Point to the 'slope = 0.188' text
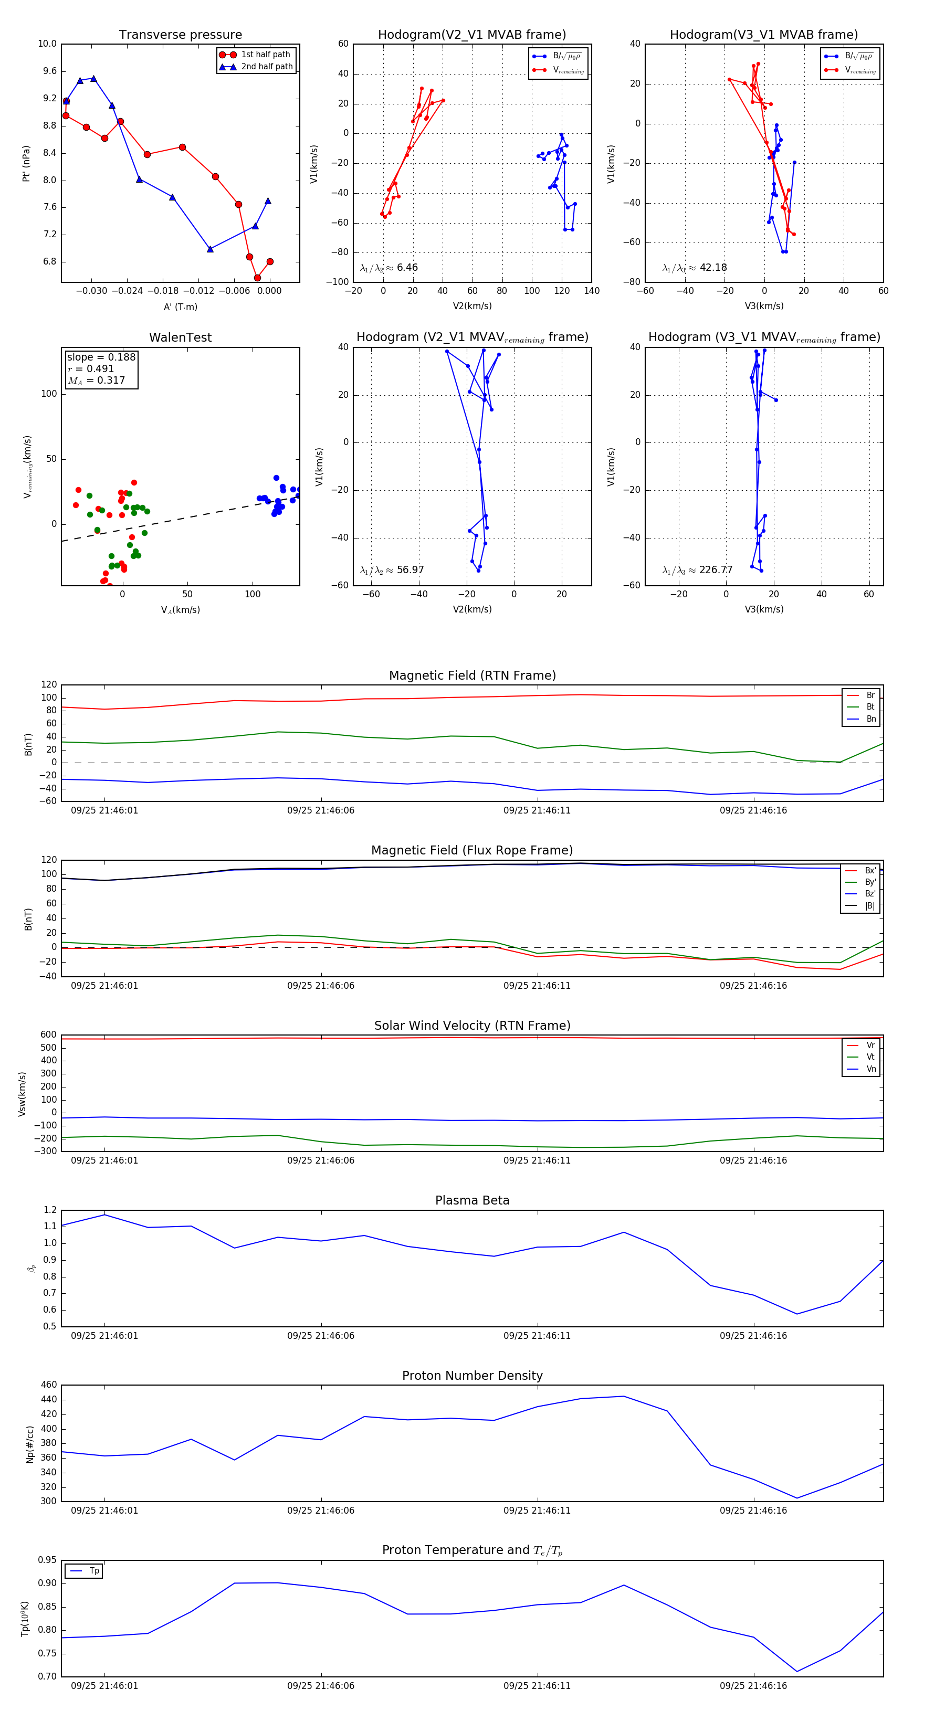click(101, 357)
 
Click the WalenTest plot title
click(180, 337)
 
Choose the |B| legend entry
click(869, 906)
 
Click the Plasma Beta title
click(472, 1201)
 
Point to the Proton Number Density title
click(472, 1376)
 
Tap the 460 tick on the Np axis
click(49, 1385)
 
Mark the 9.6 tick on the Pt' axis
click(47, 71)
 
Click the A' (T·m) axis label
click(180, 307)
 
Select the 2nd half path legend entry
click(266, 67)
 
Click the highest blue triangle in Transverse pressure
click(93, 79)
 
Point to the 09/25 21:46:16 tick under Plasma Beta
click(753, 1335)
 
